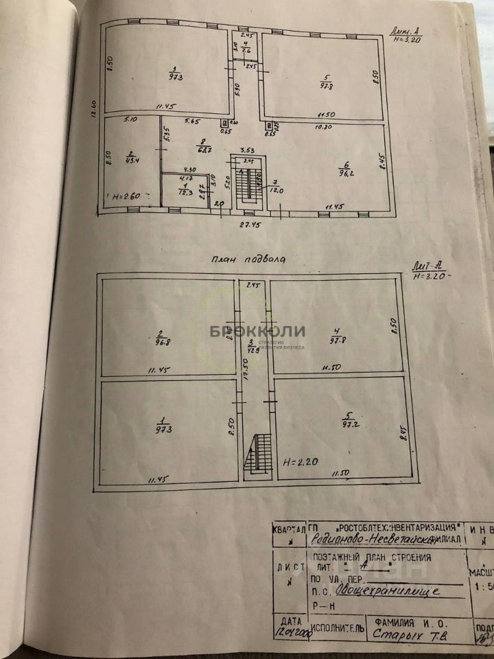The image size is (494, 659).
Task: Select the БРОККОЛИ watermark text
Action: (x=257, y=331)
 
